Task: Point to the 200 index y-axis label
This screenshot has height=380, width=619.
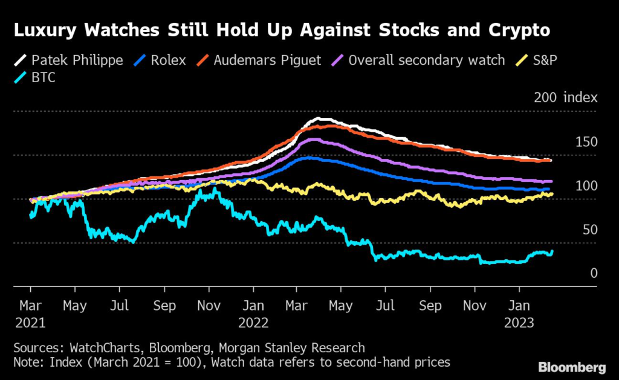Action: pyautogui.click(x=565, y=98)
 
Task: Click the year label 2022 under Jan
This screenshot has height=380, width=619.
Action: pyautogui.click(x=253, y=323)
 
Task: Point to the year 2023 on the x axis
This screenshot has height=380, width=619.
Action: pyautogui.click(x=519, y=323)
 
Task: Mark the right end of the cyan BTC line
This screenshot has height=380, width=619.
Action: pyautogui.click(x=551, y=251)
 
